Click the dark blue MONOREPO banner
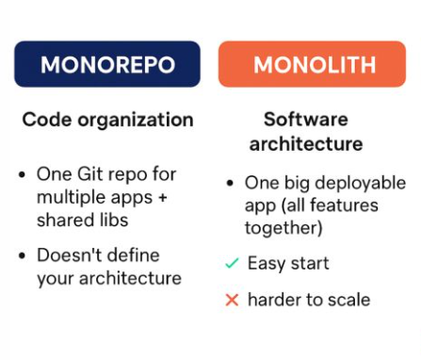coord(106,64)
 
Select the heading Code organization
coord(107,120)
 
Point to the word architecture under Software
coord(305,144)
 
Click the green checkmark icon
coord(231,264)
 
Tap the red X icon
coord(231,301)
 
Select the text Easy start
coord(286,264)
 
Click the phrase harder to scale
coord(308,301)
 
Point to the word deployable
coord(361,183)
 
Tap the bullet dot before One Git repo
coord(22,175)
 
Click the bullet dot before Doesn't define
coord(22,256)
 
